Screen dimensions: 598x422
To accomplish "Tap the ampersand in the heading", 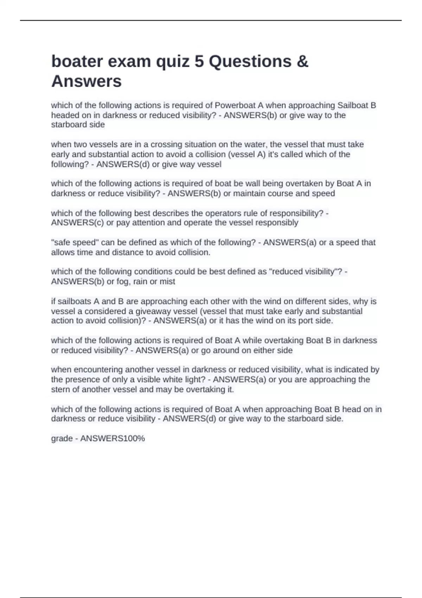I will coord(302,62).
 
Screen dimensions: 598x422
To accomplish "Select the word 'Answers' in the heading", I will coord(87,81).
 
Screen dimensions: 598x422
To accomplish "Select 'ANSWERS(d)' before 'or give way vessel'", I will coord(123,164).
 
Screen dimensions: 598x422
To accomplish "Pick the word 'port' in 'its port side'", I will coord(305,321).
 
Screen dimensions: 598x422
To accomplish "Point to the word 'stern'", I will coord(62,389).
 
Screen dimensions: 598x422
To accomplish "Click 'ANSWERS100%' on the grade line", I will coord(113,439).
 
